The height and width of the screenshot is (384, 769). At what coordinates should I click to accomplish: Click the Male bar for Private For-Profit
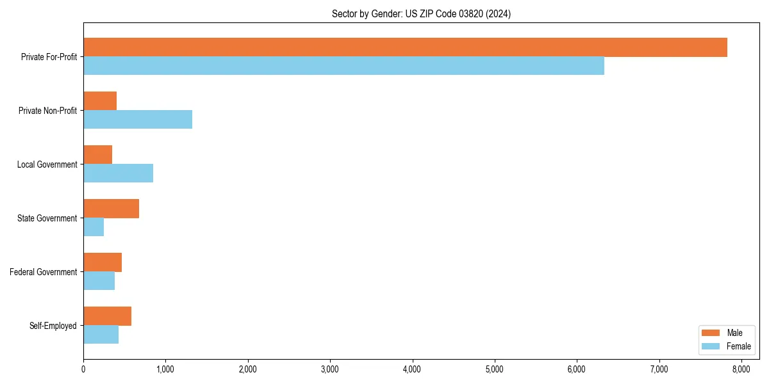point(405,47)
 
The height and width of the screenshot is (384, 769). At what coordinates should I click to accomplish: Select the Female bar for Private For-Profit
point(343,65)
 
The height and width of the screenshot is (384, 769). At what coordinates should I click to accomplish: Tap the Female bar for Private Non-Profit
point(138,119)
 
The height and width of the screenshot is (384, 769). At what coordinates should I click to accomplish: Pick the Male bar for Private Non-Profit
point(100,101)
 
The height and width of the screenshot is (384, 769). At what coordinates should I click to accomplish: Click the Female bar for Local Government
point(118,173)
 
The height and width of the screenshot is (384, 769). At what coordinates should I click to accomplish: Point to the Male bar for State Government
point(111,209)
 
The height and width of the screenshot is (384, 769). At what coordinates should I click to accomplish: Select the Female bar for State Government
point(94,227)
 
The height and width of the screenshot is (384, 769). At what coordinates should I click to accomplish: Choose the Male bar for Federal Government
point(103,262)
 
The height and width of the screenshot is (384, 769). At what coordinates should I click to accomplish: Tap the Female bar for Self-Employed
point(101,334)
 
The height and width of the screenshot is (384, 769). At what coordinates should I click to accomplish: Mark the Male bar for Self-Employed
point(107,316)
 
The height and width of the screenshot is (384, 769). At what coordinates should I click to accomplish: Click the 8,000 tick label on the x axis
point(741,369)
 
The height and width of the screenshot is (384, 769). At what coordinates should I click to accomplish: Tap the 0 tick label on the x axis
point(83,369)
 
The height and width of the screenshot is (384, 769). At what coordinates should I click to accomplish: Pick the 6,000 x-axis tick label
point(577,369)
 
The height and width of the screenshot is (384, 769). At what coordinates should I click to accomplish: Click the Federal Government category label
point(44,272)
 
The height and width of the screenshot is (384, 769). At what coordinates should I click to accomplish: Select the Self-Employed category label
point(53,326)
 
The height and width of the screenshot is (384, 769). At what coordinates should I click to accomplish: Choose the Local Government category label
point(47,164)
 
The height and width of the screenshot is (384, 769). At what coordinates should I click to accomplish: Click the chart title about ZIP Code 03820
point(421,13)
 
